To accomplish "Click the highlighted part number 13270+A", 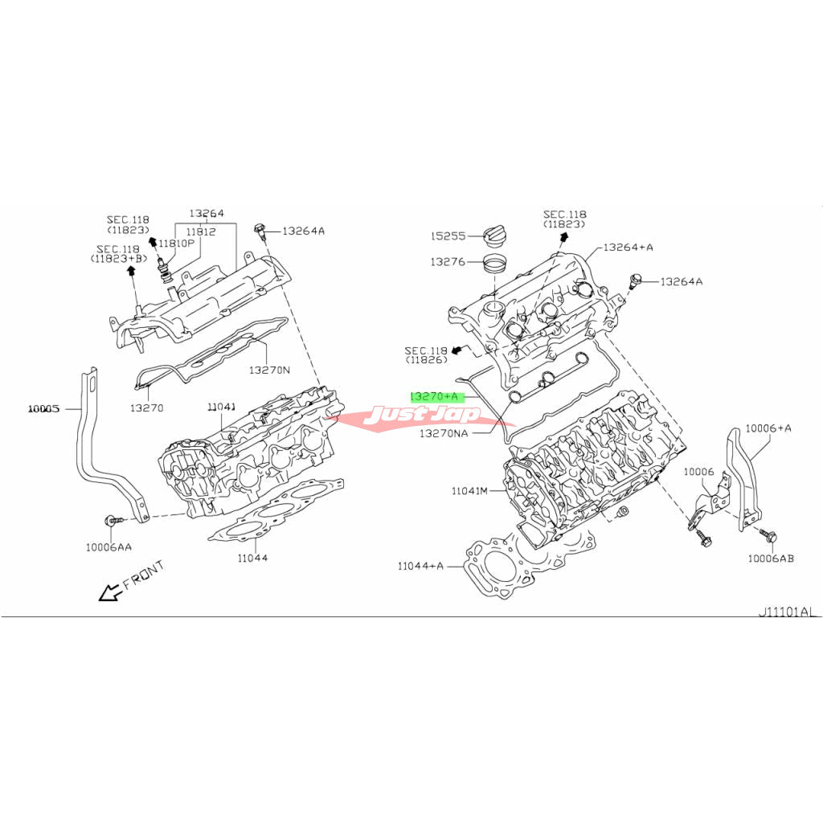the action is click(434, 397).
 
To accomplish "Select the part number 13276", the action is click(448, 261).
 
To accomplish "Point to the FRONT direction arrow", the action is click(110, 592).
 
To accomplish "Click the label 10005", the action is click(44, 408).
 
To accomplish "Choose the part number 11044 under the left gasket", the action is click(252, 558).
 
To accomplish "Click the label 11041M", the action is click(469, 491).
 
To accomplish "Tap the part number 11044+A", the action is click(420, 566).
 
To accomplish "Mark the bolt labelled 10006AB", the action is click(768, 535).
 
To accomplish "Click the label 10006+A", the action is click(768, 428).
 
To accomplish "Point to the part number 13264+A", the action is click(629, 248).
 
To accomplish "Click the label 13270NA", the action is click(444, 433).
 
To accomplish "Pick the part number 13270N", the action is click(269, 370).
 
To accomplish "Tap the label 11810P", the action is click(176, 243).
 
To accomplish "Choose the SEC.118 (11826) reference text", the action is click(426, 355).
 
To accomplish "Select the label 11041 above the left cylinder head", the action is click(222, 407).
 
